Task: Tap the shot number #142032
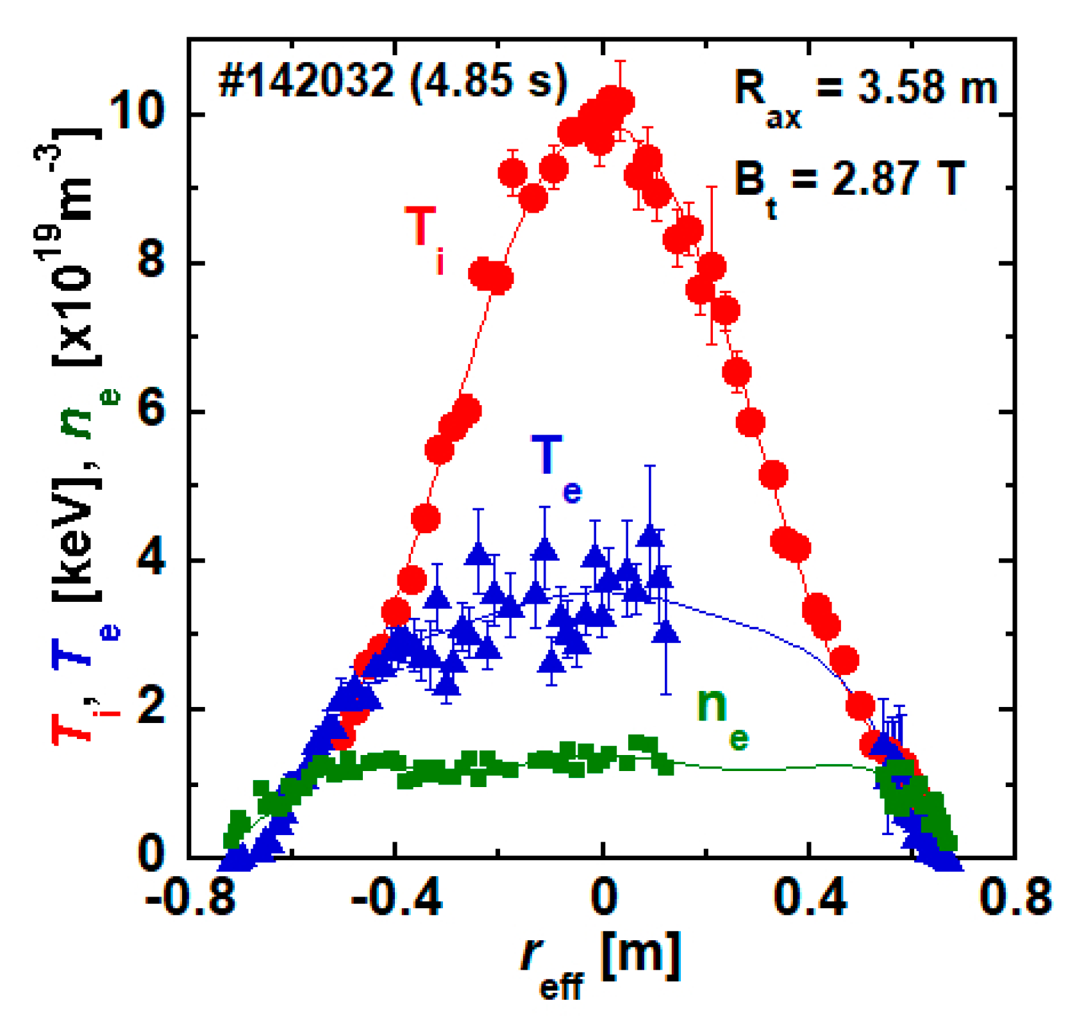[x=306, y=82]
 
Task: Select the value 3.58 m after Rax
[x=928, y=88]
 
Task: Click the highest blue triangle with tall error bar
[x=650, y=535]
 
